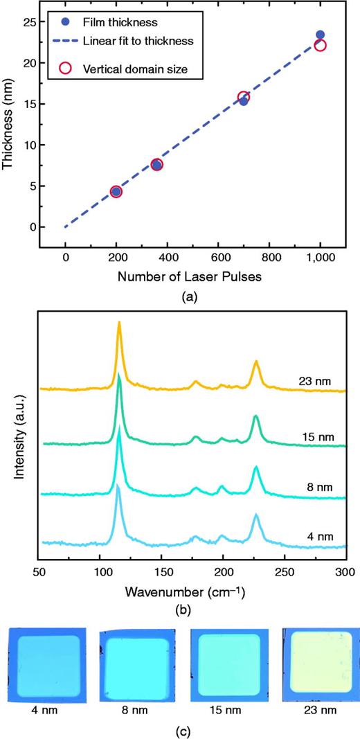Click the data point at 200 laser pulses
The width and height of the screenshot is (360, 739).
(x=116, y=192)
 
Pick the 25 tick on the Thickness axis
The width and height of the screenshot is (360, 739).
(x=29, y=22)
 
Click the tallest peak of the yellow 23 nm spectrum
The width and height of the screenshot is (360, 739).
(x=120, y=323)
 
